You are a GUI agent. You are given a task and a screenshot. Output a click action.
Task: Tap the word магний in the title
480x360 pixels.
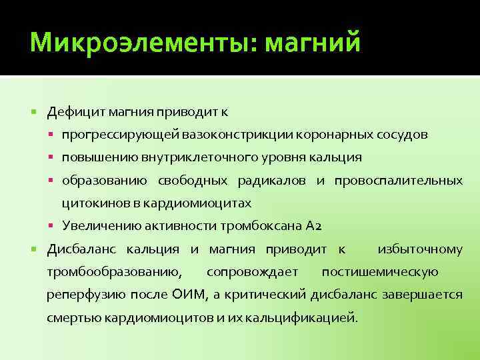pos(313,44)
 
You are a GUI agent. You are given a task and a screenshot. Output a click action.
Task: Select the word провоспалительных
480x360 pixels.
pos(399,181)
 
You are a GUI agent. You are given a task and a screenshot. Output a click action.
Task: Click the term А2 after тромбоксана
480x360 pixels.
pos(313,226)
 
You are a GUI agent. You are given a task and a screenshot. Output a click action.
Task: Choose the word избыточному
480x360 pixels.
pos(420,249)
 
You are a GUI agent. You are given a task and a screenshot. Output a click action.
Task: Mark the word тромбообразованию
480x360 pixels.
pos(114,272)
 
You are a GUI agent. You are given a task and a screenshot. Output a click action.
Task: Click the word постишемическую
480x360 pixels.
pos(380,272)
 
